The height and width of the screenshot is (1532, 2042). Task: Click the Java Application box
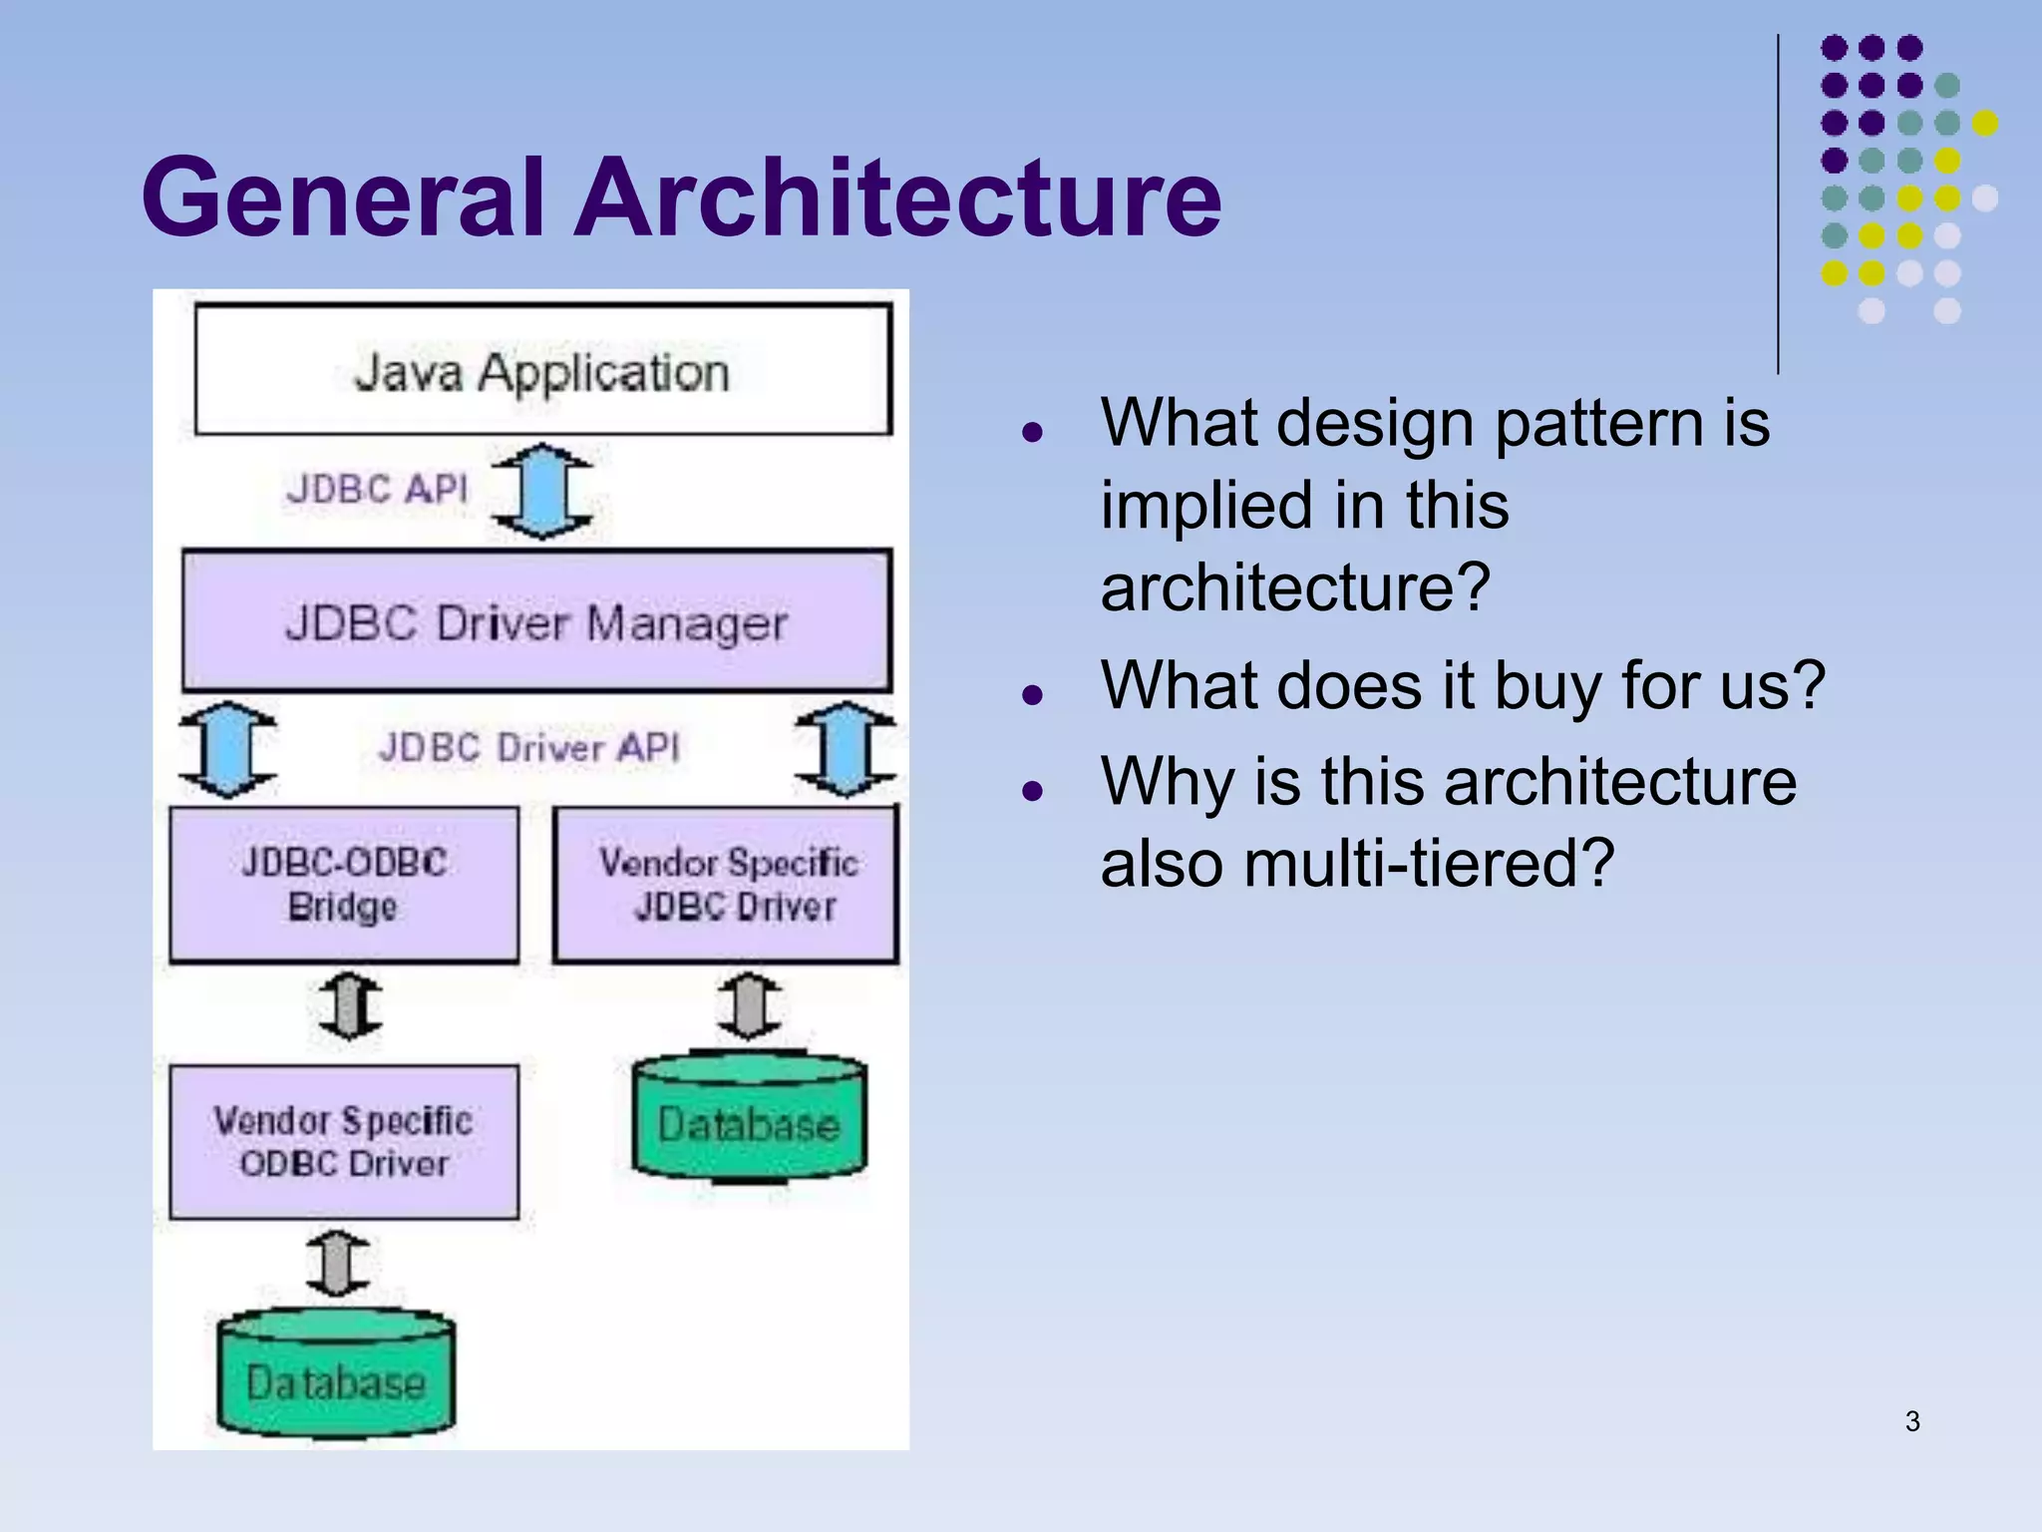point(542,370)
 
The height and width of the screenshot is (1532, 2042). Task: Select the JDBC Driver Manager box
point(536,621)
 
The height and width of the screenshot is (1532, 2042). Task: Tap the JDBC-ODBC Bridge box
point(344,885)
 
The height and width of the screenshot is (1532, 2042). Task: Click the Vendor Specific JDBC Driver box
point(727,885)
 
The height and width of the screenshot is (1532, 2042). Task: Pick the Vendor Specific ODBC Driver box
point(344,1142)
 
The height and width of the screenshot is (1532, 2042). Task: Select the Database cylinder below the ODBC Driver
point(336,1377)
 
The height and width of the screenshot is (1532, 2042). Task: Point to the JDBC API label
point(377,489)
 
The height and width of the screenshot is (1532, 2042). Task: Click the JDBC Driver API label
point(528,747)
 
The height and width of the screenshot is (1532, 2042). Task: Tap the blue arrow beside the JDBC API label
point(542,491)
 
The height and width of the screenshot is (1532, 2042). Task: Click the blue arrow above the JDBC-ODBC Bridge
point(228,748)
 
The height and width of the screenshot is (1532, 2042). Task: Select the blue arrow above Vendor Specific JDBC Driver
point(845,748)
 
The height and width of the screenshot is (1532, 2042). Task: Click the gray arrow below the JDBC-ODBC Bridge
point(350,1005)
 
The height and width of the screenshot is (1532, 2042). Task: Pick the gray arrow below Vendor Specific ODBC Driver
point(337,1263)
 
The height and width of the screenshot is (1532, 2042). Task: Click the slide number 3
point(1911,1421)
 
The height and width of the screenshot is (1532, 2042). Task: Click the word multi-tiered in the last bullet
point(1428,863)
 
